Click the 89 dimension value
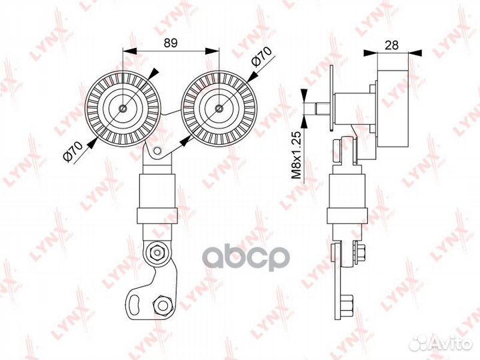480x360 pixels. [171, 43]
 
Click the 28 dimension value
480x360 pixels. [391, 45]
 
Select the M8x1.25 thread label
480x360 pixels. [296, 155]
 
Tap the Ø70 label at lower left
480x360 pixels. [73, 151]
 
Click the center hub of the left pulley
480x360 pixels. [123, 108]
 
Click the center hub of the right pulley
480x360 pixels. [219, 108]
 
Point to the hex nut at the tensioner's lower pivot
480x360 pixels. [157, 252]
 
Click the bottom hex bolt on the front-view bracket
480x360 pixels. [161, 305]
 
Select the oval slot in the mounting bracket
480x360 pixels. [135, 304]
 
